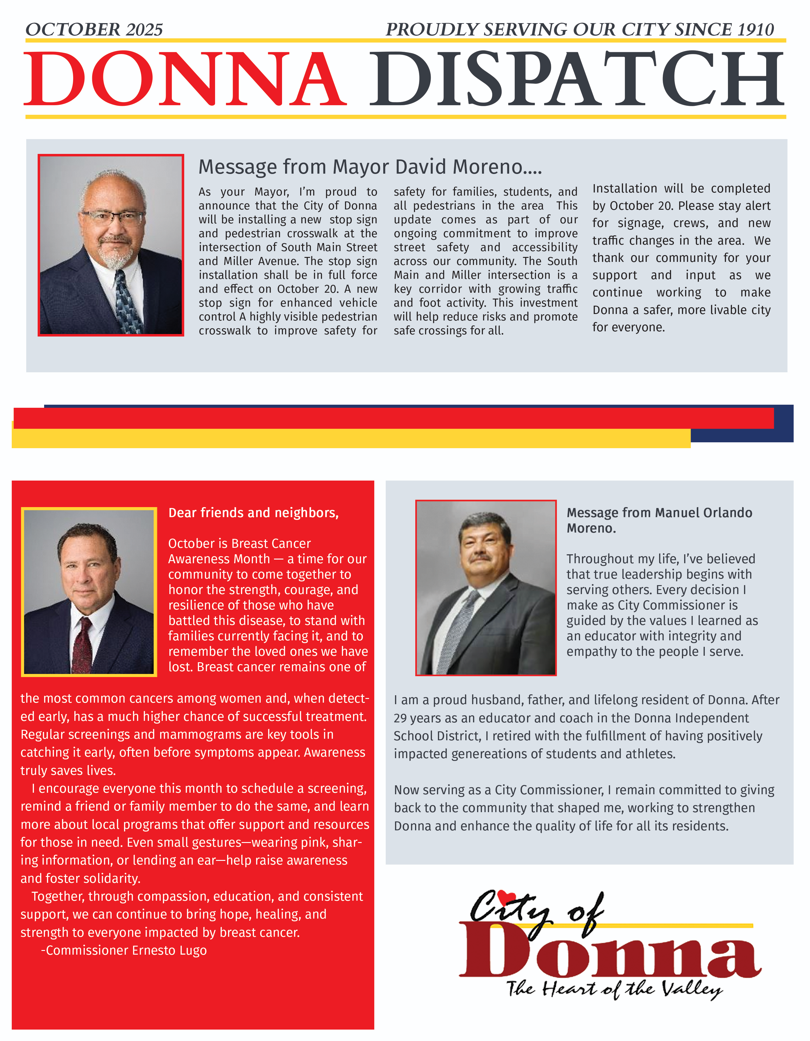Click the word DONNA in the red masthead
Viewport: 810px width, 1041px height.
[185, 79]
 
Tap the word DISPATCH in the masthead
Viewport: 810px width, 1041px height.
[576, 79]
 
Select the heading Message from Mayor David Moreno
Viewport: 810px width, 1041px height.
[370, 167]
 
